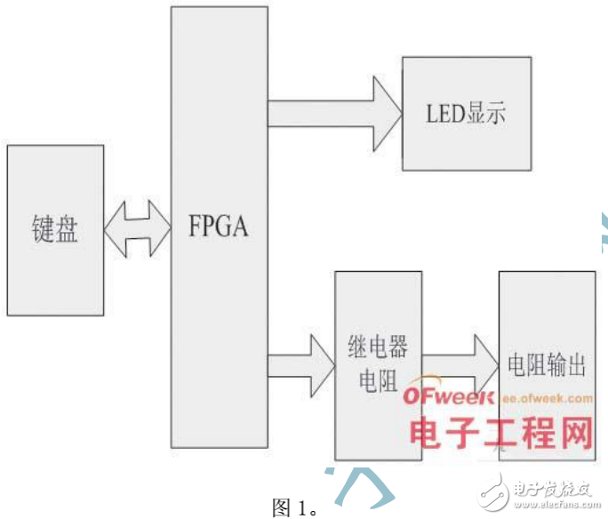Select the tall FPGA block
pos(219,133)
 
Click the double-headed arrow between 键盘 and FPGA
pos(138,229)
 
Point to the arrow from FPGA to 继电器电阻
pos(300,364)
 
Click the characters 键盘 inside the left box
pos(55,229)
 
